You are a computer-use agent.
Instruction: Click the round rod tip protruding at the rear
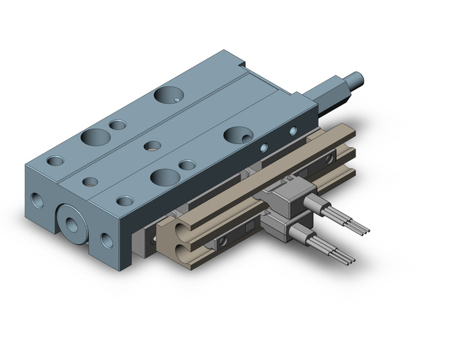pos(356,79)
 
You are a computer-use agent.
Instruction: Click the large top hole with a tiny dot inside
pos(168,95)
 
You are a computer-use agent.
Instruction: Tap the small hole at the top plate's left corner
pos(55,161)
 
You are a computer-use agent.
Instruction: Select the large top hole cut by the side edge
pos(237,135)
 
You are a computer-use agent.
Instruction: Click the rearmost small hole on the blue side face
pos(292,130)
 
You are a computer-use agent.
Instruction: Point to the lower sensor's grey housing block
pos(278,228)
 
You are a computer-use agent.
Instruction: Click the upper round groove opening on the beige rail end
pos(174,231)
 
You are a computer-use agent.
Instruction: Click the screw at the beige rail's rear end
pos(331,159)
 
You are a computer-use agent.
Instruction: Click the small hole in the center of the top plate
pos(150,146)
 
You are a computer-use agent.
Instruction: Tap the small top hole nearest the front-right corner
pos(124,200)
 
